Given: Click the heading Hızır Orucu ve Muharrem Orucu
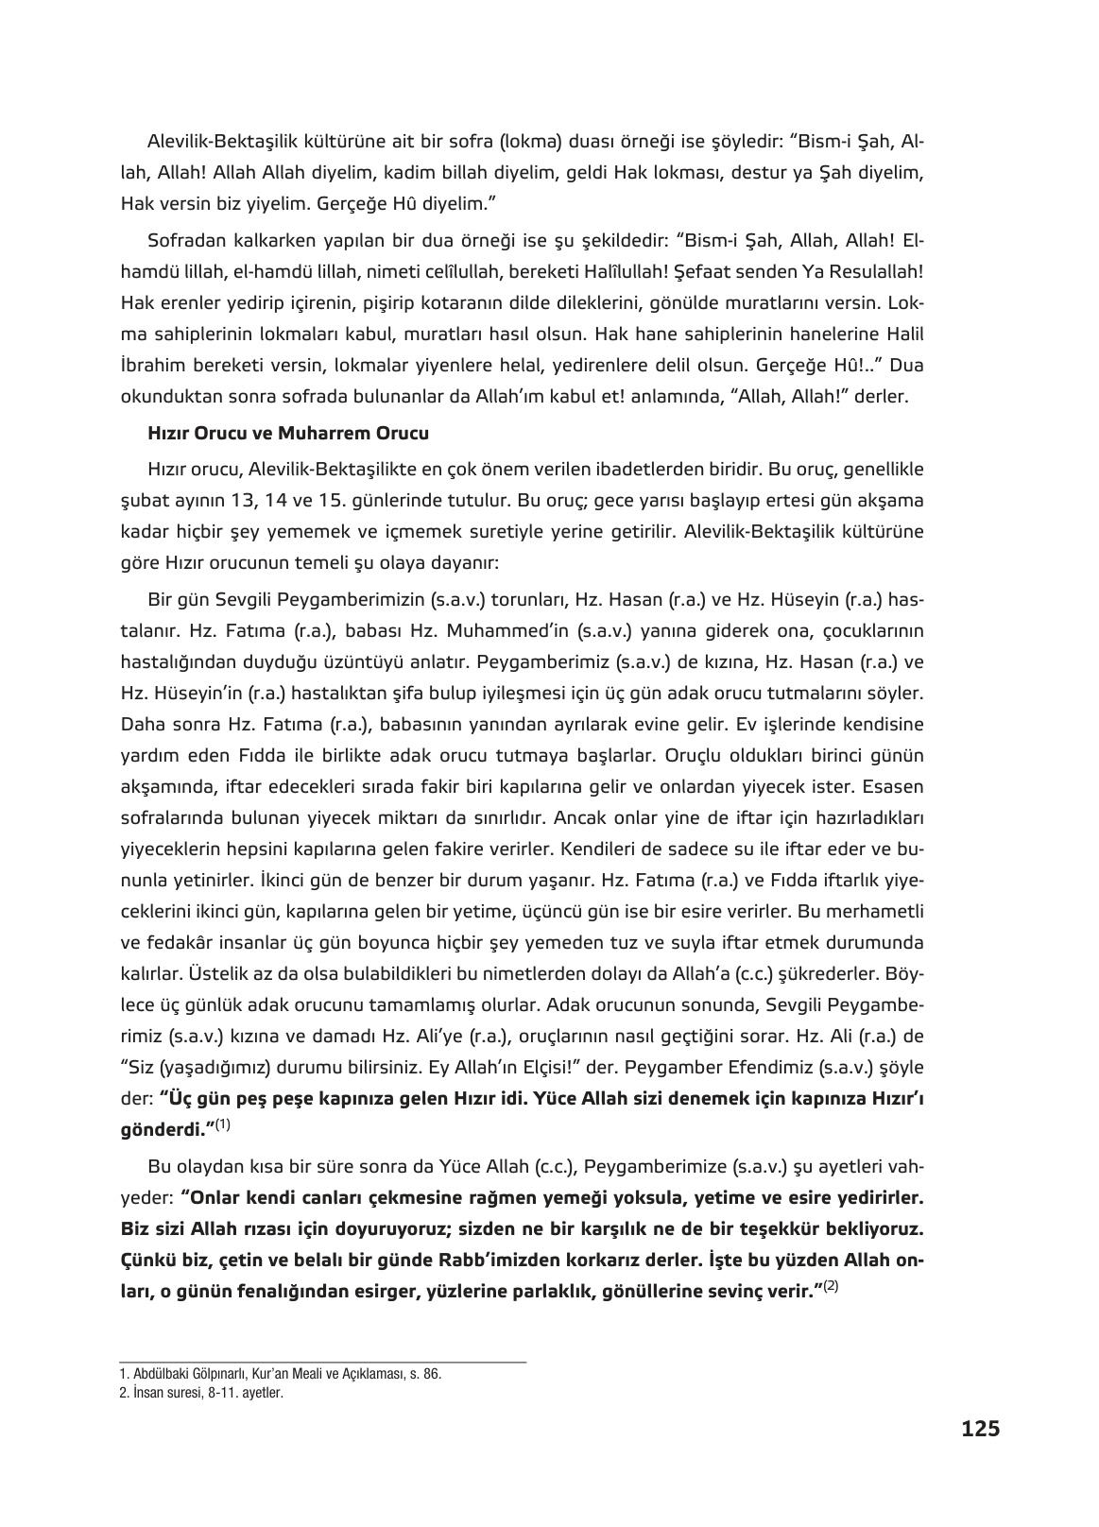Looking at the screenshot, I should (288, 435).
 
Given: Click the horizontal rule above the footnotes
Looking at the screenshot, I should (321, 1362).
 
